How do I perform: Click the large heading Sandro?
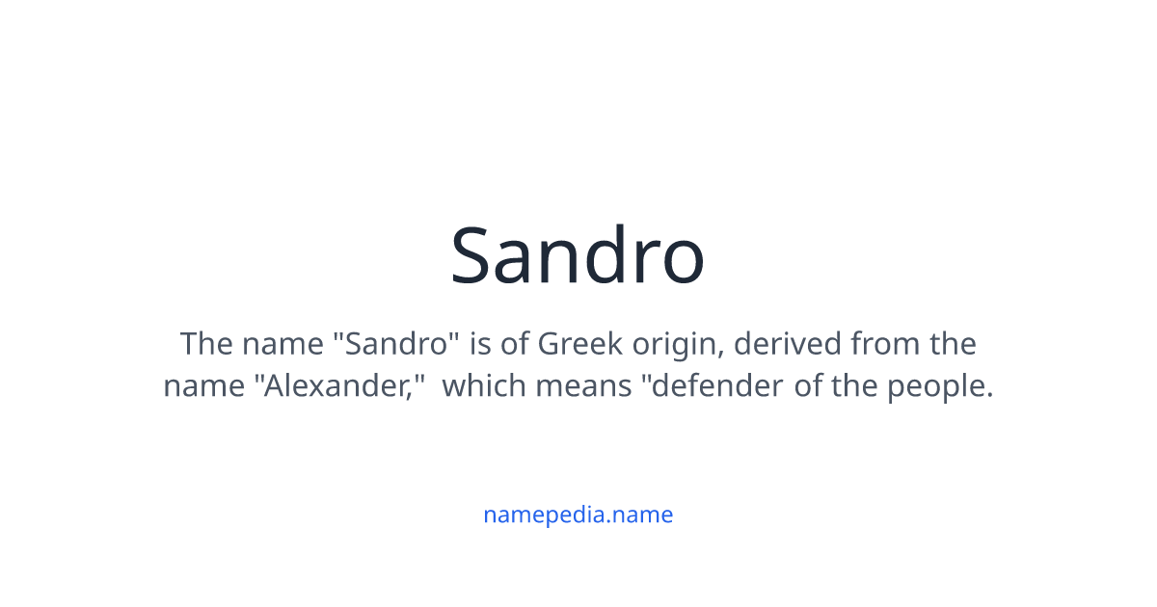(578, 255)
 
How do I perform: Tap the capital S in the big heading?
(473, 256)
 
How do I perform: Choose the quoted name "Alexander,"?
(340, 385)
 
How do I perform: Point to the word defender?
(711, 385)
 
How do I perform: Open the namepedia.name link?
(578, 515)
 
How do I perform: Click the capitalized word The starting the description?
(206, 343)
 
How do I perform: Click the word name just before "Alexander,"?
(203, 385)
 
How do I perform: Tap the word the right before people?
(857, 385)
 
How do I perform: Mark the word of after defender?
(808, 385)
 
